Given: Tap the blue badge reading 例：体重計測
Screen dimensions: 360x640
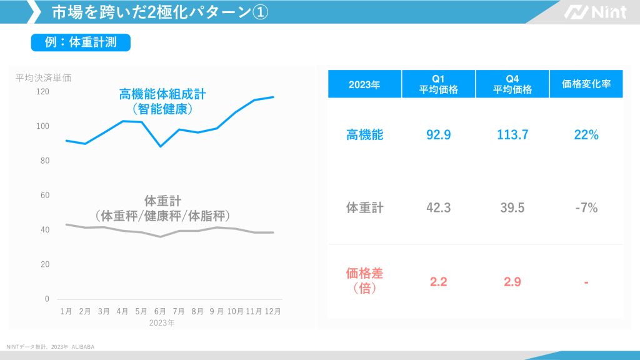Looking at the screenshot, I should click(81, 42).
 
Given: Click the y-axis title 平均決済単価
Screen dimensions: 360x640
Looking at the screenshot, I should click(43, 78).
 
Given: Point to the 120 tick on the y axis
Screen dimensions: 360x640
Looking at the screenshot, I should click(42, 91).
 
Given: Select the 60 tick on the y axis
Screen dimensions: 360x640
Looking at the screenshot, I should click(44, 195).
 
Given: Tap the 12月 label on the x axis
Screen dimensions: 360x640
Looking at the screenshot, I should click(272, 311).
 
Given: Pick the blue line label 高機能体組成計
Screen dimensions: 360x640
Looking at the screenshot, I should click(162, 94).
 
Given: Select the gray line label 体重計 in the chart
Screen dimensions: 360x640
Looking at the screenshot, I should click(162, 201).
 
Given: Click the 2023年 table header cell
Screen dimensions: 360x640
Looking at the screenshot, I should click(364, 84).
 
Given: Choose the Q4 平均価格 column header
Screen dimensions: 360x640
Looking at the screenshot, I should click(512, 84).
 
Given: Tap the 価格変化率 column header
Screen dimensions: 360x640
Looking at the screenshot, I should click(586, 84).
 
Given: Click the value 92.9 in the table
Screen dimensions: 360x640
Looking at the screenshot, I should click(438, 134).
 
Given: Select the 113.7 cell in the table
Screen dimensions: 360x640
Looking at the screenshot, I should click(512, 134).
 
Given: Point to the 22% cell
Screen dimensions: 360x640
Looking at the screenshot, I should click(586, 134).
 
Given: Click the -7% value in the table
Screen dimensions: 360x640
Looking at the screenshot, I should click(586, 208).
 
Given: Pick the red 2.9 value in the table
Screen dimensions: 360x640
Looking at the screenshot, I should click(512, 282).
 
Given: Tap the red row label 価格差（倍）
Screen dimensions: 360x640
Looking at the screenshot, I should click(364, 281).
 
